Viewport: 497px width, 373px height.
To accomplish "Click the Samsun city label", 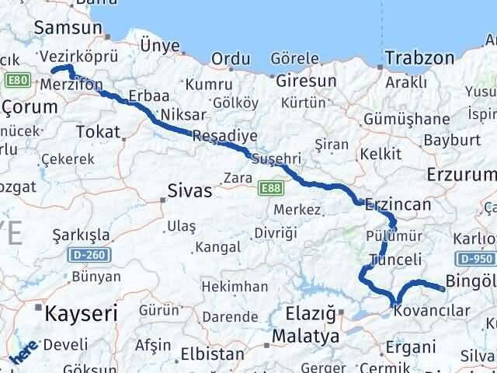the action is [68, 28].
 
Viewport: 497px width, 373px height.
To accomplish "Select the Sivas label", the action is [190, 190].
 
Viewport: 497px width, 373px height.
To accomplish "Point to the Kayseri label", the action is [80, 314].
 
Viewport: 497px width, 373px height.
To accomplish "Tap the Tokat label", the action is [97, 131].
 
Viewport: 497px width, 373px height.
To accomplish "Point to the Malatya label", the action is [306, 337].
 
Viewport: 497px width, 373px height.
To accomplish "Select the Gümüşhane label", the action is [408, 119].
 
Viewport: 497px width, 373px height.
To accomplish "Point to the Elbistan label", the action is [212, 354].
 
